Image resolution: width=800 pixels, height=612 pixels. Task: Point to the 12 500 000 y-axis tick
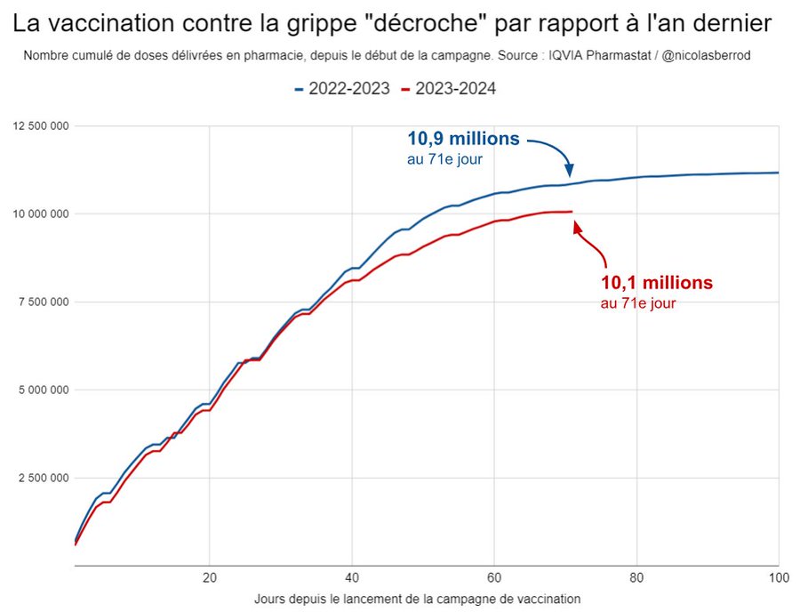[41, 125]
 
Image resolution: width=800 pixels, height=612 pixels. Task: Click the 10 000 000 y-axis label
[41, 213]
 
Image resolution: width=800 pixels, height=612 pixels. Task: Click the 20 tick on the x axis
[210, 576]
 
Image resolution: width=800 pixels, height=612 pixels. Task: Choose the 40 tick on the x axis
[352, 576]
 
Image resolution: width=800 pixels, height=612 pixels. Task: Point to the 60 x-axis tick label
[494, 576]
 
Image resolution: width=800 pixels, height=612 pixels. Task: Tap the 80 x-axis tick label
[636, 576]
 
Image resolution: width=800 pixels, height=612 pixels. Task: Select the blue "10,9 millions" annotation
[463, 139]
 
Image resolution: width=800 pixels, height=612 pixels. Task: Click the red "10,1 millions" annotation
[657, 284]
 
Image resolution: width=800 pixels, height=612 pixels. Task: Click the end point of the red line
[572, 211]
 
